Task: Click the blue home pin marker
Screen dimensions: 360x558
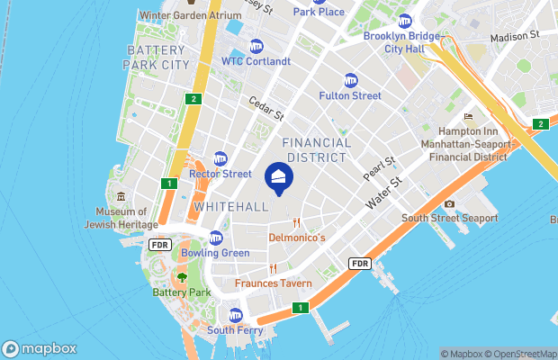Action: point(279,177)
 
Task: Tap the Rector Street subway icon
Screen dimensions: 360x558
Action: point(220,159)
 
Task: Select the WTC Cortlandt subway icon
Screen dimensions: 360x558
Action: point(256,47)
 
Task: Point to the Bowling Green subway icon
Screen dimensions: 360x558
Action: point(215,238)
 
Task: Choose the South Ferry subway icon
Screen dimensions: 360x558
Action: point(236,315)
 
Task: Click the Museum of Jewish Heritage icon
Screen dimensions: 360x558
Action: point(121,197)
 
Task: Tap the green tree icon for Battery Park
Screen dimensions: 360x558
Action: point(182,278)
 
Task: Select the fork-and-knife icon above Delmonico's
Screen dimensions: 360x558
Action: point(296,223)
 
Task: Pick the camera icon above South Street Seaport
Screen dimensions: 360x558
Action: point(449,203)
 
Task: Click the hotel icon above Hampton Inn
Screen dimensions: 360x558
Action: point(468,117)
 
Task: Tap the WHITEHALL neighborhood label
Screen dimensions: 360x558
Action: point(230,207)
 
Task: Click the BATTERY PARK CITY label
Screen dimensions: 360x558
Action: point(158,58)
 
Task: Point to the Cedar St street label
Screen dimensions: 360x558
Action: point(266,109)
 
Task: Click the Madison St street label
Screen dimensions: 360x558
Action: point(514,37)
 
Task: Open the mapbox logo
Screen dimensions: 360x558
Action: point(40,349)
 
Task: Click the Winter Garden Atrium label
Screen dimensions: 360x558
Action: point(191,15)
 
